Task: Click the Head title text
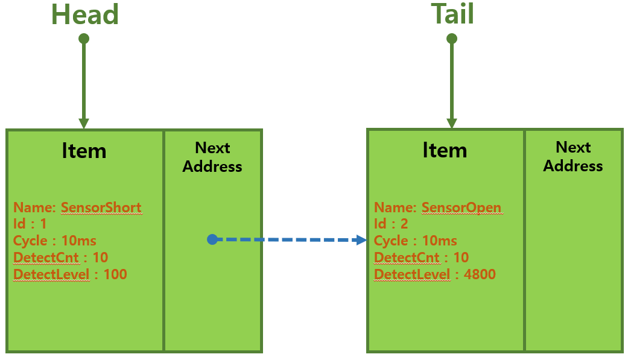click(x=84, y=14)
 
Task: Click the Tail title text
click(x=452, y=14)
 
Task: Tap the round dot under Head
click(x=84, y=39)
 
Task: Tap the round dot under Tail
click(x=452, y=39)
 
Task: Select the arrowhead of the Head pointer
click(x=84, y=123)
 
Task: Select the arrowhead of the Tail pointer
click(x=452, y=123)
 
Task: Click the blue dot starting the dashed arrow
click(x=212, y=239)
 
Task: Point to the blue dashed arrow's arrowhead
click(x=361, y=239)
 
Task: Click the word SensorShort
click(x=101, y=208)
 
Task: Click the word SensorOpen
click(x=461, y=208)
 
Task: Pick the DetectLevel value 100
click(x=115, y=275)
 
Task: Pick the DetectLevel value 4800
click(x=480, y=275)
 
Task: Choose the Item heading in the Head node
click(x=84, y=151)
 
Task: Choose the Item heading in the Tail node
click(x=445, y=150)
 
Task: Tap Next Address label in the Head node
click(x=212, y=157)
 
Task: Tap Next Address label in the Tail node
click(x=573, y=156)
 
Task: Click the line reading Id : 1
click(x=30, y=224)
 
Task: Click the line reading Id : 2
click(x=391, y=224)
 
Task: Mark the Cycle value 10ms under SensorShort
click(x=79, y=241)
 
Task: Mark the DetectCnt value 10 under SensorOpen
click(x=461, y=258)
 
